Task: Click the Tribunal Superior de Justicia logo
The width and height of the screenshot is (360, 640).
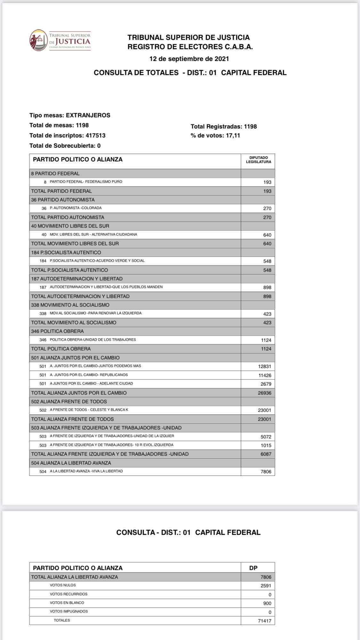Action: click(60, 40)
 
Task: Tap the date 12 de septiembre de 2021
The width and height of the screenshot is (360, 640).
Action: click(189, 59)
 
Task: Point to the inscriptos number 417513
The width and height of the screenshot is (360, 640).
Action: click(95, 136)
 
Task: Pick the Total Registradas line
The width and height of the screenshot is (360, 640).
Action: click(224, 127)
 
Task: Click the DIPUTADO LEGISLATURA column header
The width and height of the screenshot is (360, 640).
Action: click(258, 160)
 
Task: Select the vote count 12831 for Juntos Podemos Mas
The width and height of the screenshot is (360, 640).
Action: click(265, 367)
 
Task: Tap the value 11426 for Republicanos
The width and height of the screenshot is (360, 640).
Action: click(265, 375)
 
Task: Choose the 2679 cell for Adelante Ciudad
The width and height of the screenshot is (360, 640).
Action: click(266, 384)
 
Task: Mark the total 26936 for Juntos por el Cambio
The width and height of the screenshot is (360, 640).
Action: click(265, 393)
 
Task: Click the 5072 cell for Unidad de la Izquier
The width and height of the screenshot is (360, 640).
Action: click(266, 437)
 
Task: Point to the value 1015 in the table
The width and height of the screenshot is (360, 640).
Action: click(266, 446)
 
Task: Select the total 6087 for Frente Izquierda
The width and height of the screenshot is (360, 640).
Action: click(266, 454)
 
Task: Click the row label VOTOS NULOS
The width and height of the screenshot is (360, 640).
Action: click(63, 585)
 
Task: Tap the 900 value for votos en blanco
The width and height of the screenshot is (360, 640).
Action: click(267, 604)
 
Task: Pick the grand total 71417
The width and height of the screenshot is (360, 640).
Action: click(265, 621)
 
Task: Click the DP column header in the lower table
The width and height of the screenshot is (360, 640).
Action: click(253, 568)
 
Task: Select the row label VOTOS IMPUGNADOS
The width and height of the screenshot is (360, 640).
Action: click(68, 612)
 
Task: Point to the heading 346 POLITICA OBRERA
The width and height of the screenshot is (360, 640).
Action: click(57, 331)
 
